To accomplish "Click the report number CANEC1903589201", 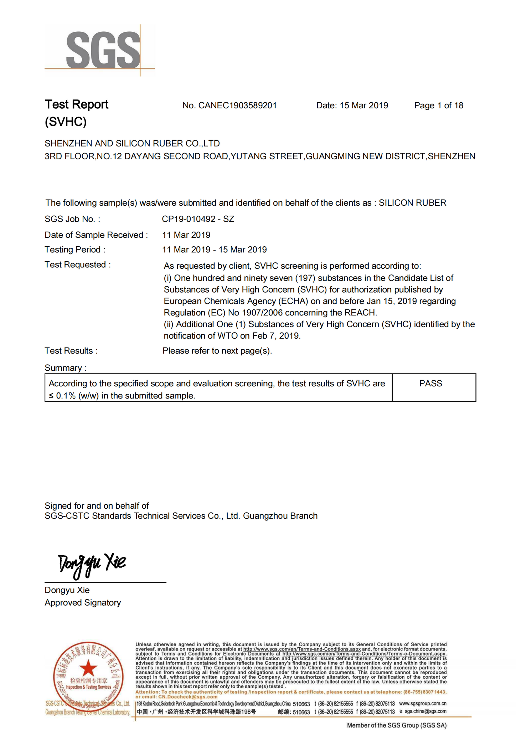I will point(237,106).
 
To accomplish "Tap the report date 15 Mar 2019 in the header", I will point(363,106).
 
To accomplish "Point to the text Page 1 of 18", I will point(438,106).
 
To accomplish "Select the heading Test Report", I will point(76,104).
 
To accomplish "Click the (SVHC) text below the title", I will point(66,122).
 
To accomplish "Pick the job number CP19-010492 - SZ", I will point(198,219).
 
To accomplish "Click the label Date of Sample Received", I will point(96,235).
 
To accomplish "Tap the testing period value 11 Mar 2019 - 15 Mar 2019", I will point(214,250).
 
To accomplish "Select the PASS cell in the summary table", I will point(430,384).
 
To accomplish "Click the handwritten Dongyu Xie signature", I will point(92,564).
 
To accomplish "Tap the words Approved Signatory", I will point(83,602).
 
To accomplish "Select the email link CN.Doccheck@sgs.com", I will point(187,696).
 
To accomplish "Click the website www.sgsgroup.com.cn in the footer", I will point(423,703).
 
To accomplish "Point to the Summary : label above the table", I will point(66,368).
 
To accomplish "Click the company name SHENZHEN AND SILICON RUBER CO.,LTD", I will point(132,144).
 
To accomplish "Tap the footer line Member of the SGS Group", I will point(396,725).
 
